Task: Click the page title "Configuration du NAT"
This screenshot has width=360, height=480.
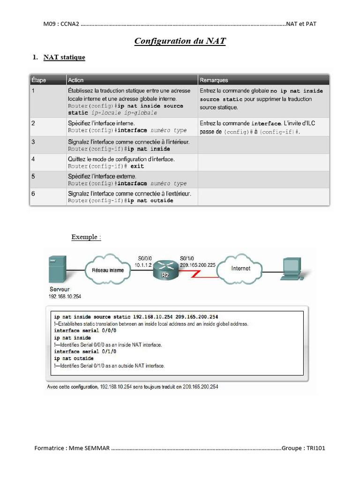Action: coord(180,41)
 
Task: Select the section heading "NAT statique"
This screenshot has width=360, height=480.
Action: coord(64,57)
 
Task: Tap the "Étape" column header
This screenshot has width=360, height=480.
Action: coord(38,80)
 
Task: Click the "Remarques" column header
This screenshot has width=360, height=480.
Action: coord(214,80)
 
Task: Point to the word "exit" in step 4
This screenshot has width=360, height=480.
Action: coord(137,166)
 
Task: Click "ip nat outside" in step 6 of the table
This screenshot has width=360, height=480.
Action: coord(150,201)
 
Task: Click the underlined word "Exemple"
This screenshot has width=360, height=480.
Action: coord(84,237)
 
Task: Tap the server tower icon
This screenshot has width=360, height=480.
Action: coord(57,269)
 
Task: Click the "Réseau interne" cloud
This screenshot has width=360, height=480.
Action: coord(108,270)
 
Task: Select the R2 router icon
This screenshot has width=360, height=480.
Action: coord(165,270)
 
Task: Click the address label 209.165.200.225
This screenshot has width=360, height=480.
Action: coord(198,265)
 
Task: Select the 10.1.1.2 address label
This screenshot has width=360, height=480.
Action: coord(143,265)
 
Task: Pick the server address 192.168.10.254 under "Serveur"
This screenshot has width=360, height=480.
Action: coord(65,296)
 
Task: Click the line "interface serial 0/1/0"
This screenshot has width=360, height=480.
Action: coord(85,352)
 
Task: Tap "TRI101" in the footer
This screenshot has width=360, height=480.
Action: coord(316,448)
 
